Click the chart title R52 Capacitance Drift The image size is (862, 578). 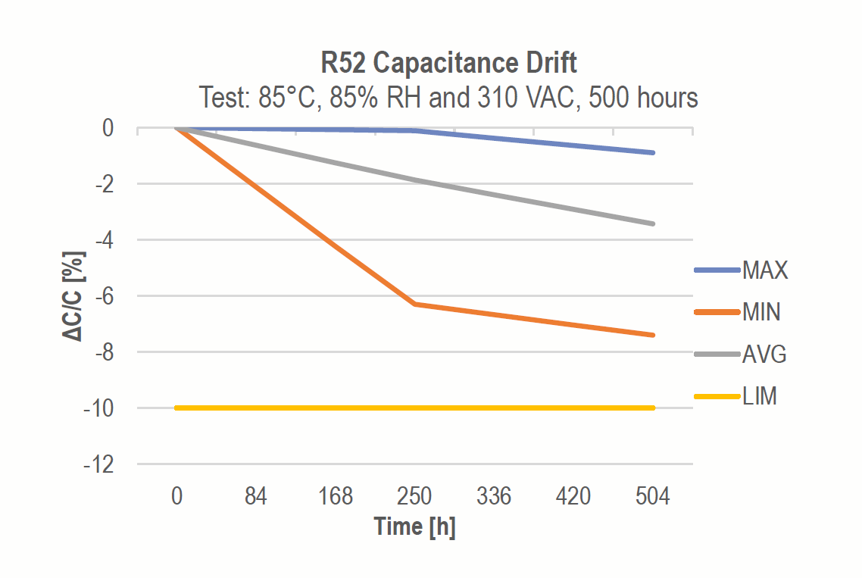(x=449, y=62)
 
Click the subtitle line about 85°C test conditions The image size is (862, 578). (x=448, y=98)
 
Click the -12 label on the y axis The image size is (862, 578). (x=98, y=464)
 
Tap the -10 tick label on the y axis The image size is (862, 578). (x=98, y=408)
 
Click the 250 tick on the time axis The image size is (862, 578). (x=414, y=497)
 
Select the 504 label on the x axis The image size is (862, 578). (x=653, y=497)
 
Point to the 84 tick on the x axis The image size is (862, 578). (x=256, y=497)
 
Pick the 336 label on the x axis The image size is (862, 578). (x=494, y=497)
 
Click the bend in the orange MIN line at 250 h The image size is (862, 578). (x=414, y=304)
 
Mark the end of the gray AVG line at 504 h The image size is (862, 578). (x=653, y=223)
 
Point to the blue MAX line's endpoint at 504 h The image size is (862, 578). (x=653, y=153)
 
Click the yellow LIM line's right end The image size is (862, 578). (x=653, y=408)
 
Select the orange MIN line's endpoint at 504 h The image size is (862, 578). (x=653, y=335)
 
